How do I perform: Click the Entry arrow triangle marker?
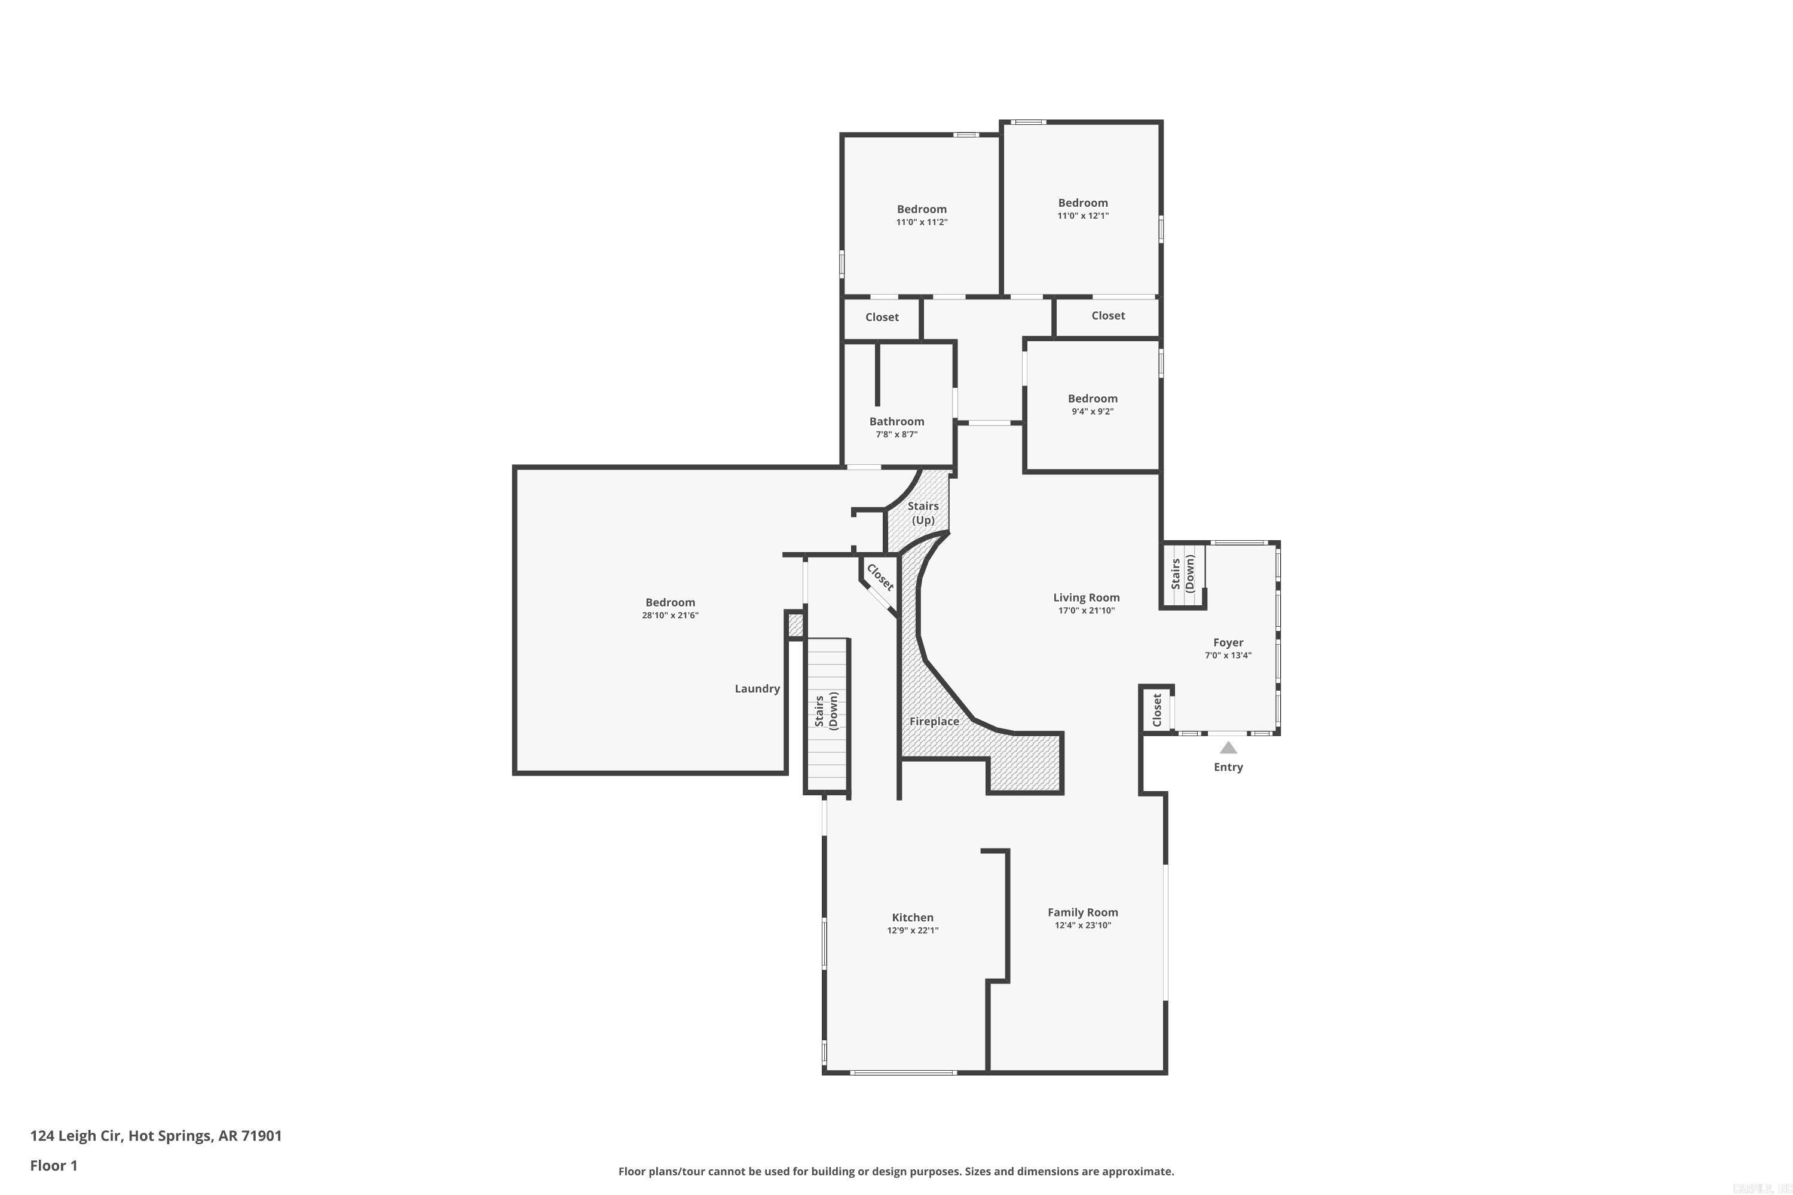[1228, 747]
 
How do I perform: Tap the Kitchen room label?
[913, 918]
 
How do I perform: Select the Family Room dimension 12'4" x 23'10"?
[1082, 925]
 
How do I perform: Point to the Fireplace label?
[934, 722]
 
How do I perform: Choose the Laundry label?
[757, 689]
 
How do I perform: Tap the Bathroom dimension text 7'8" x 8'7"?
[896, 434]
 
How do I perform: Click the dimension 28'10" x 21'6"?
[670, 615]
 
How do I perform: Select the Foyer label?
[1228, 642]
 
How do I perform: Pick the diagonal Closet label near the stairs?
[880, 578]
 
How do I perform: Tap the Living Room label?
[1087, 597]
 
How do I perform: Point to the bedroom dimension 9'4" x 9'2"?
[1093, 412]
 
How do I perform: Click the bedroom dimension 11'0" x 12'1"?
[1082, 216]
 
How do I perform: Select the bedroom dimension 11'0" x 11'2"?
[922, 222]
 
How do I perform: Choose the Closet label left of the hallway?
[882, 317]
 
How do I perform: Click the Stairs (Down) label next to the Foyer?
[1182, 573]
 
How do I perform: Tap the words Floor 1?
[53, 1165]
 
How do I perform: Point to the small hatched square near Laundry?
[795, 626]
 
